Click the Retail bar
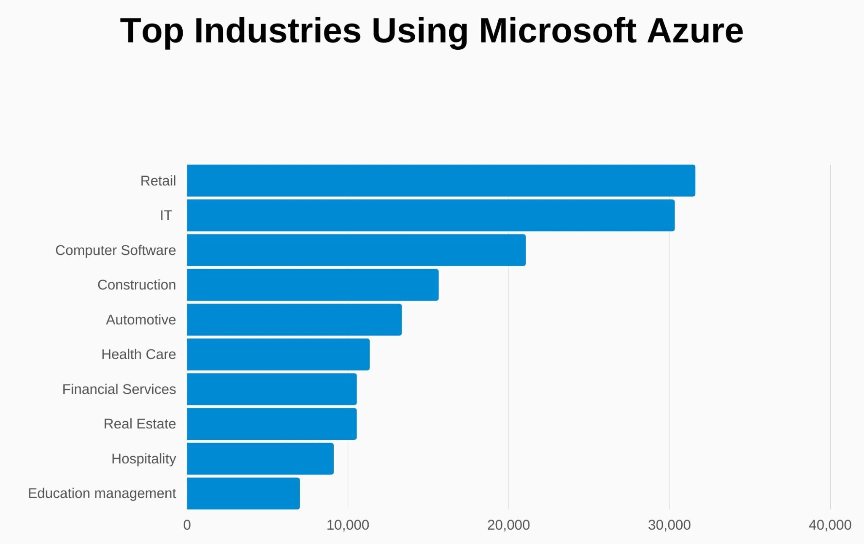pos(441,180)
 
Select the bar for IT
pos(430,215)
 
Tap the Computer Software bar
pos(356,250)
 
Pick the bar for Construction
pos(313,285)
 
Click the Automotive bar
pos(294,320)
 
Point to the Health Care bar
pos(278,354)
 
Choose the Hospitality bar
pos(260,458)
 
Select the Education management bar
pos(243,493)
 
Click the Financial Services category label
pos(119,389)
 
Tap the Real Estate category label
pos(140,423)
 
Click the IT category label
pos(165,215)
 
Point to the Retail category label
pos(158,180)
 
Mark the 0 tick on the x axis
pos(187,525)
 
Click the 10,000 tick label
pos(348,525)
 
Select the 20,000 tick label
pos(508,525)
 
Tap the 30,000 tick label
pos(669,525)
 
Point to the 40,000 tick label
pos(830,525)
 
